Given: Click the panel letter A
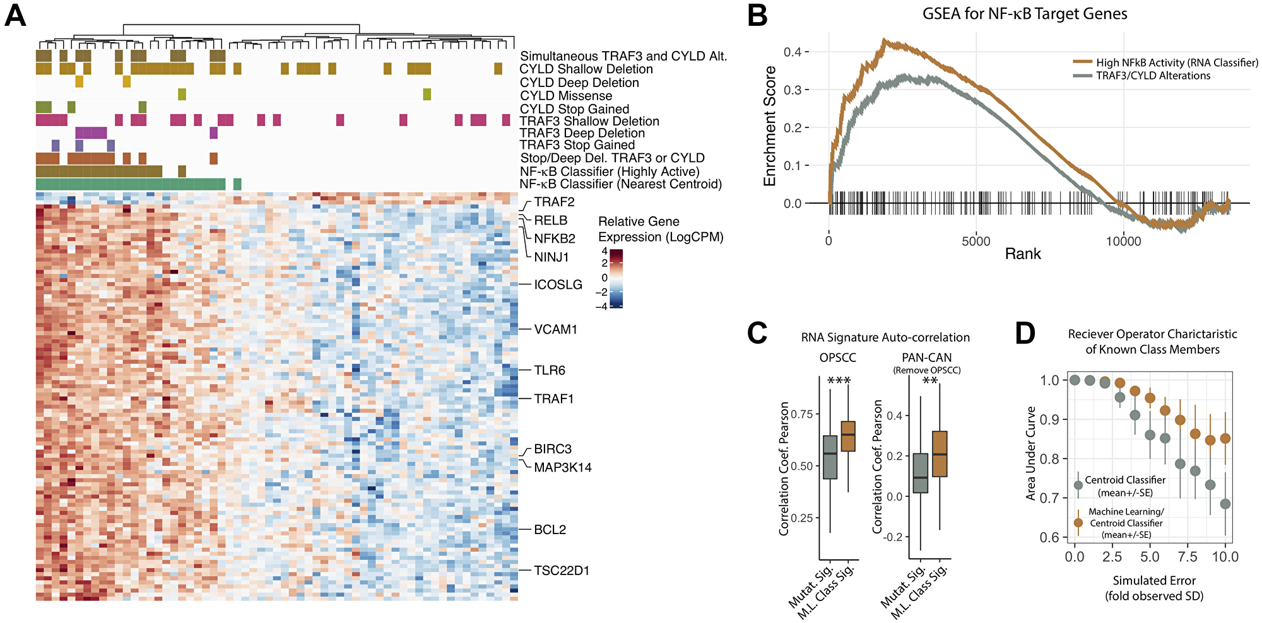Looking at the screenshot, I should [x=15, y=15].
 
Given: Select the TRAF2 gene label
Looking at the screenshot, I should [x=554, y=202].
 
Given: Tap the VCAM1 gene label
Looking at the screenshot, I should [x=555, y=330].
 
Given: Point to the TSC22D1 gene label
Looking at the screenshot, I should [x=562, y=571].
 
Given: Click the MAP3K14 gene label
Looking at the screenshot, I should [x=562, y=468].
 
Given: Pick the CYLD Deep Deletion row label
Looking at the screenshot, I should [x=579, y=83].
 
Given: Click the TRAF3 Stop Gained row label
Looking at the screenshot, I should [x=577, y=145].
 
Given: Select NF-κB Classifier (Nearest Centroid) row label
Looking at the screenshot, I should [x=620, y=184].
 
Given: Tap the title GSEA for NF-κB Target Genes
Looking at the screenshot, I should [x=1025, y=14].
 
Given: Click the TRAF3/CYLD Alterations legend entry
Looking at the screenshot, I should [x=1153, y=76].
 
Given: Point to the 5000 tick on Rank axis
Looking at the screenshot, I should [x=976, y=241].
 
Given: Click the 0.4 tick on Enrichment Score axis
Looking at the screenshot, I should [x=793, y=52].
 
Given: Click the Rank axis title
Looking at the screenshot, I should [x=1022, y=254].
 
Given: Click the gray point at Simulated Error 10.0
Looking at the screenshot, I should [x=1225, y=504].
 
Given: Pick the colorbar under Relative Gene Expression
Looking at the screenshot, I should [x=616, y=279].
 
